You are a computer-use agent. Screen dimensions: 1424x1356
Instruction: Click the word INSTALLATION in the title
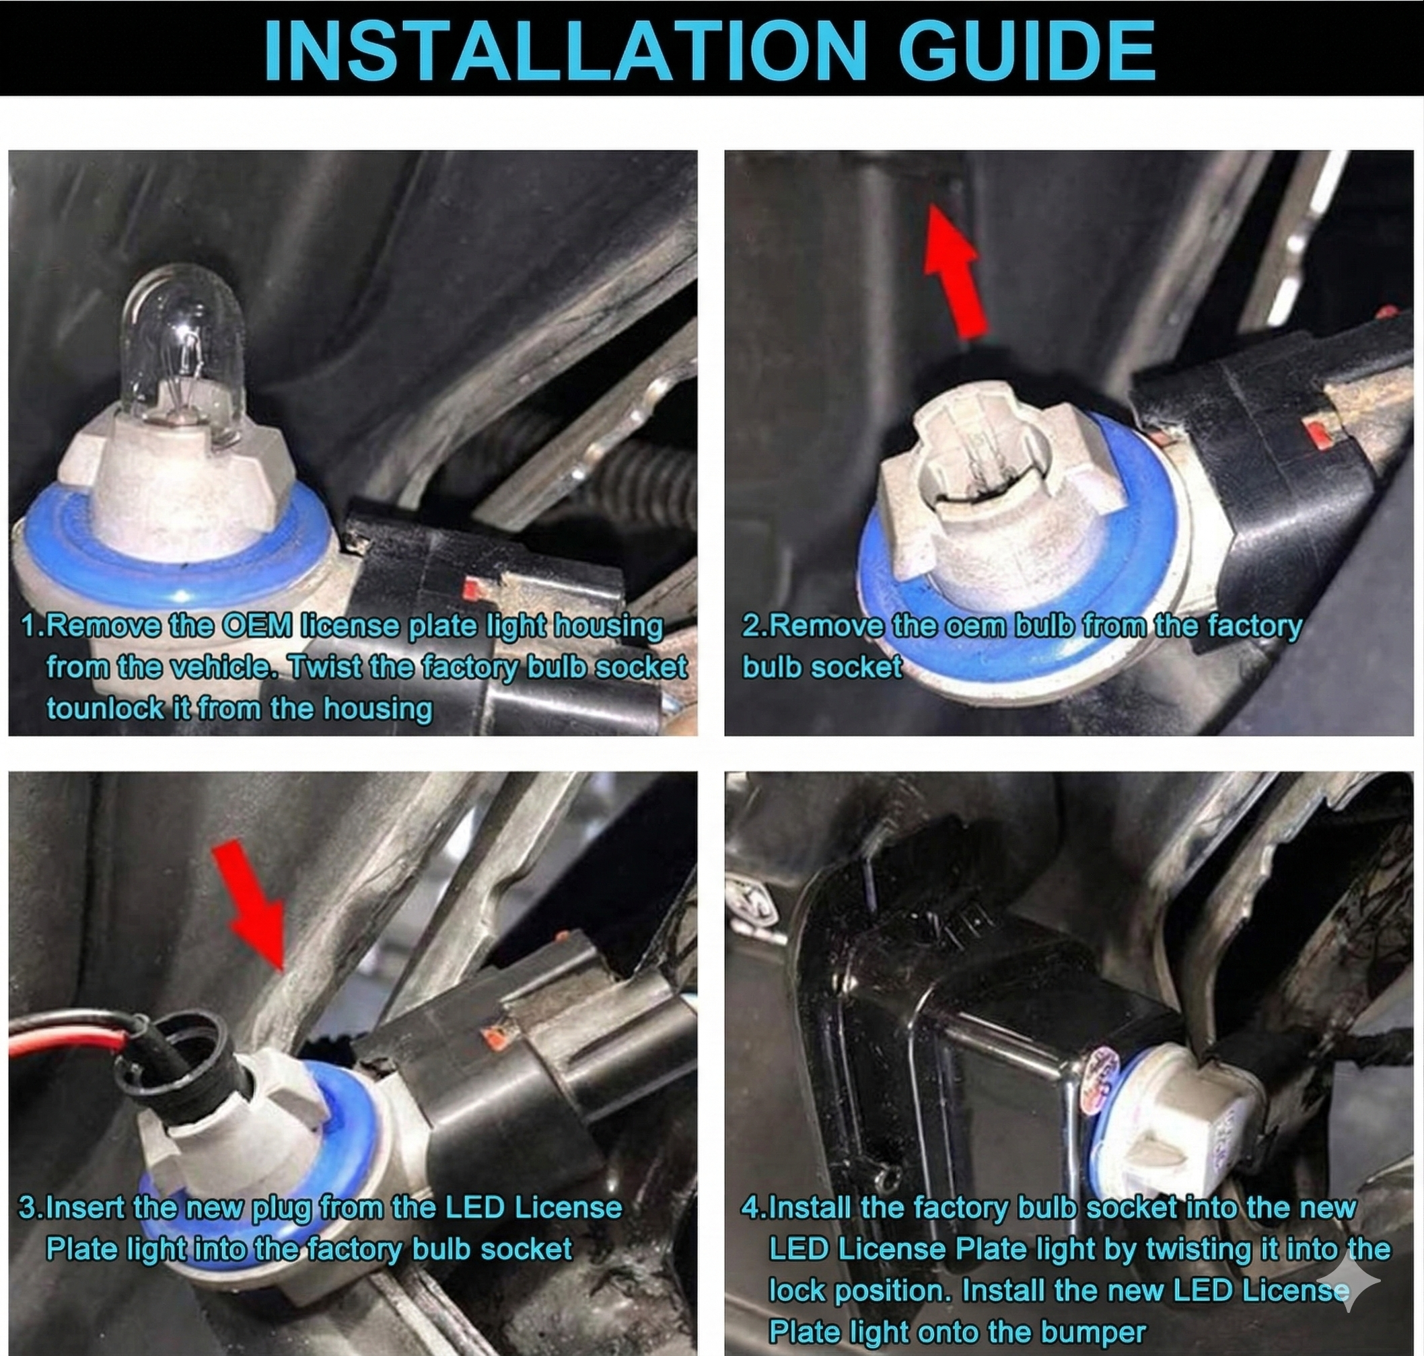565,50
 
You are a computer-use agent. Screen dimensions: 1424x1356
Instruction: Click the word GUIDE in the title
1028,50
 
